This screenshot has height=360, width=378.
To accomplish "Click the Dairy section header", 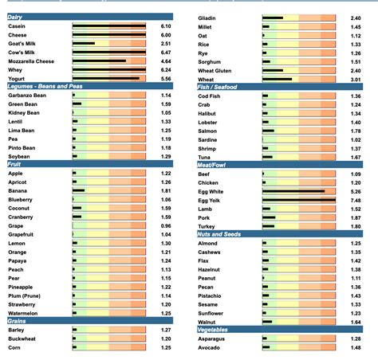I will (x=17, y=17).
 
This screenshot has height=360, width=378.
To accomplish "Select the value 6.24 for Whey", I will (x=165, y=69).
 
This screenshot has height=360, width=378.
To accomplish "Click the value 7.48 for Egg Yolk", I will (x=355, y=200).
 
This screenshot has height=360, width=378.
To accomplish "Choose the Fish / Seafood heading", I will (x=219, y=87).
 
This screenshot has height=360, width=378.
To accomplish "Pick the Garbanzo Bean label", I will (x=27, y=96).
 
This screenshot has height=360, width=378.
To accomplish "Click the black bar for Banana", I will (x=78, y=191).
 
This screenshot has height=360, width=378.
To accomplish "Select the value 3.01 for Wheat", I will (x=355, y=79).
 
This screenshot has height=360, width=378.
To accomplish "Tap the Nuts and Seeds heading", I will (x=220, y=234).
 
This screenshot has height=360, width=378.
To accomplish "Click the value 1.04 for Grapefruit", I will (x=165, y=234).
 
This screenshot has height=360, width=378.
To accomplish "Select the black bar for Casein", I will (x=108, y=26).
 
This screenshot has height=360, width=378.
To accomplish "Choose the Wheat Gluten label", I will (x=215, y=70).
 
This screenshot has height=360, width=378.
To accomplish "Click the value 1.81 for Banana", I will (x=165, y=191).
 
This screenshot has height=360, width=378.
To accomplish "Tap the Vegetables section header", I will (x=215, y=330).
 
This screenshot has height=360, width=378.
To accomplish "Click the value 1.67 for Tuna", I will (x=355, y=157).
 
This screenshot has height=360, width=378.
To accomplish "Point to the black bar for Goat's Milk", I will (x=84, y=44).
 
